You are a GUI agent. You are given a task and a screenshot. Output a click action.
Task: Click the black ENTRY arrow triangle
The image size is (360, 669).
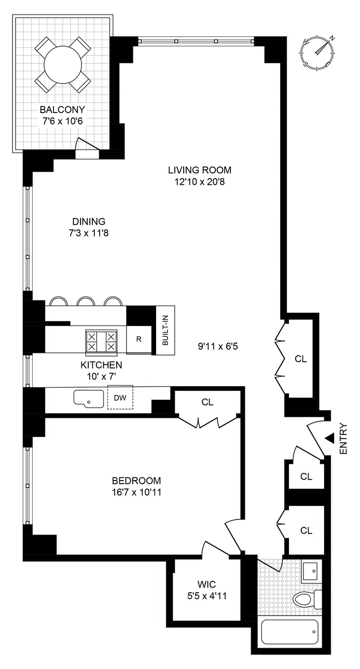329,439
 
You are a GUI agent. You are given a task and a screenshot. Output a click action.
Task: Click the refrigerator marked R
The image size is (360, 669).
139,339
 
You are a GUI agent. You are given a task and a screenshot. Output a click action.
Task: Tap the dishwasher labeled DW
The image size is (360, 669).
120,398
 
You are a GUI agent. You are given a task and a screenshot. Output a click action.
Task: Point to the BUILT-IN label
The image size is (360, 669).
165,330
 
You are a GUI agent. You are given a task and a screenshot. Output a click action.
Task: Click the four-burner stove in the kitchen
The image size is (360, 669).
101,342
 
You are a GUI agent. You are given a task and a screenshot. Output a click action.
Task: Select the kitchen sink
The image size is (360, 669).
89,398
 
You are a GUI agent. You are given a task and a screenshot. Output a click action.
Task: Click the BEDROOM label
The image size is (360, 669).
136,481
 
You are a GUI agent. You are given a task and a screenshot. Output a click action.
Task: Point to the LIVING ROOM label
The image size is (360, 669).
200,170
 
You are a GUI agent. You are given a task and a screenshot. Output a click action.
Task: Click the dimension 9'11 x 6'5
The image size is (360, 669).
218,347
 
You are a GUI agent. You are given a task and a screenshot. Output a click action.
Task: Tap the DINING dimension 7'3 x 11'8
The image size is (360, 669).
89,233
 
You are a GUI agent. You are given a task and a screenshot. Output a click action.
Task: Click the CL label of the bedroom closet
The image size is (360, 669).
207,402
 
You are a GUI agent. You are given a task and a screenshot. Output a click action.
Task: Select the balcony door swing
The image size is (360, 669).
87,145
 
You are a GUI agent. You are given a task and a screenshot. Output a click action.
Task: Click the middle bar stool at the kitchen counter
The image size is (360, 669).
86,301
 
